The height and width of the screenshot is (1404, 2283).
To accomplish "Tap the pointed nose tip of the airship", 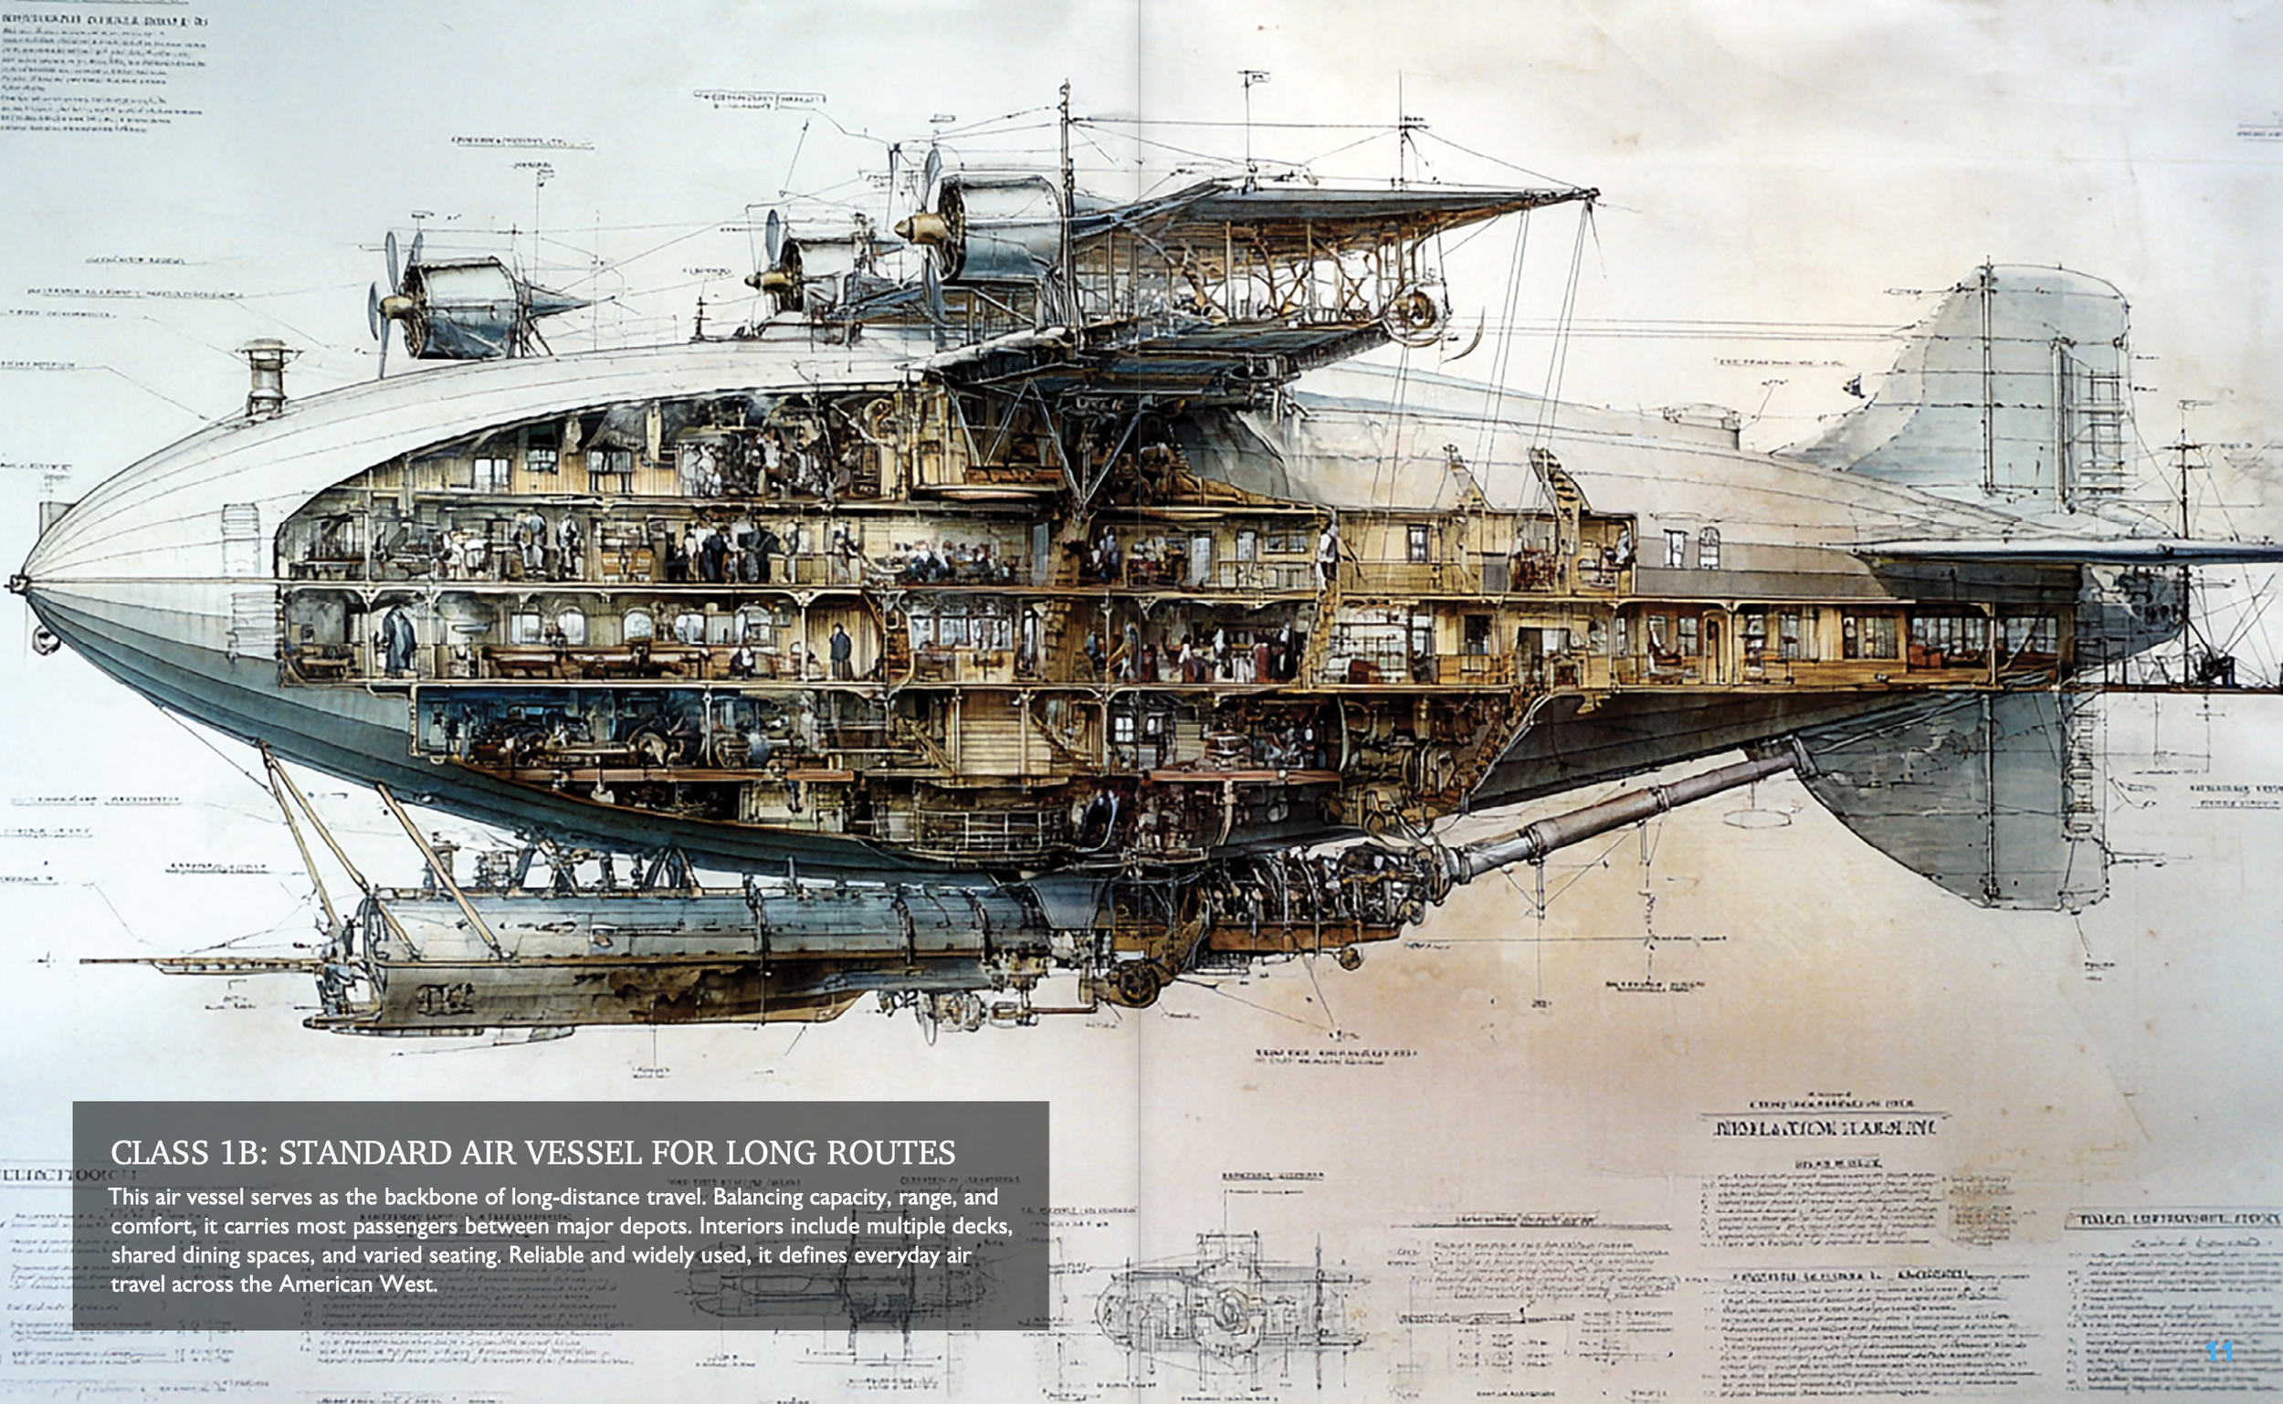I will coord(16,584).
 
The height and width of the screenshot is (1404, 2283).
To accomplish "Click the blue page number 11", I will coord(2219,1351).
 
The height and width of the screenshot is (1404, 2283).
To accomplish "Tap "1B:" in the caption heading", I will coord(242,1153).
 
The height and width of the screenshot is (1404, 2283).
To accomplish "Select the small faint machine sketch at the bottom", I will coord(1226,1300).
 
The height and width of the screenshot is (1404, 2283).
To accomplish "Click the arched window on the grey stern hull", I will coord(1708,548).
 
